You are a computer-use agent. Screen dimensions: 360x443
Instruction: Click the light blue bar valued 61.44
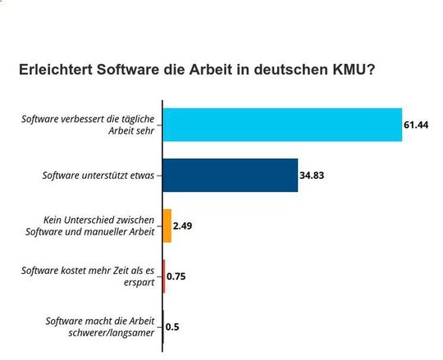[282, 125]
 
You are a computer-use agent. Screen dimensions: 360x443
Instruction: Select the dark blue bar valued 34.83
[231, 175]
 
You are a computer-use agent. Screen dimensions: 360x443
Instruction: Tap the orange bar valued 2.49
[167, 226]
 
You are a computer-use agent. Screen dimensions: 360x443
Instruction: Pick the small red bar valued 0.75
[164, 276]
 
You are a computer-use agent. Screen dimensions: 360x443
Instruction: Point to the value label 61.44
[417, 125]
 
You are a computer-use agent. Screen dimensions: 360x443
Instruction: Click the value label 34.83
[313, 175]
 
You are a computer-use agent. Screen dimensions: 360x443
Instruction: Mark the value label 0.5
[173, 326]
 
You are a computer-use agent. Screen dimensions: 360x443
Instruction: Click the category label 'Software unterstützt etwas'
[98, 175]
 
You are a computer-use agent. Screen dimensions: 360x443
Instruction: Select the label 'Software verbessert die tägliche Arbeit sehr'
[91, 125]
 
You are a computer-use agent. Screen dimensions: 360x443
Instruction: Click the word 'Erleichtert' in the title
[57, 71]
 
